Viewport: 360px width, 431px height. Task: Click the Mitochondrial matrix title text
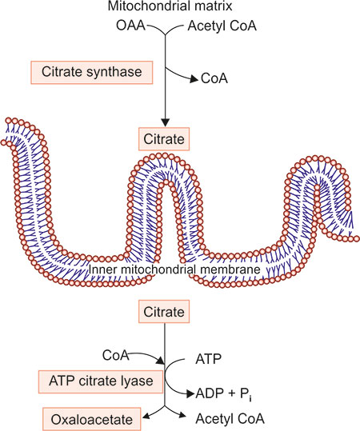tap(170, 6)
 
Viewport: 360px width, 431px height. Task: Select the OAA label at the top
tap(130, 26)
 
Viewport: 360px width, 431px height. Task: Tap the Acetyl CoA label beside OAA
tap(222, 26)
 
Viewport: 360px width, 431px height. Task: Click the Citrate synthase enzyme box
tap(91, 72)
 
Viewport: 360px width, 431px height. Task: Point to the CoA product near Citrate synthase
tap(214, 78)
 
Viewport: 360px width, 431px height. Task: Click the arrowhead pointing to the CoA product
tap(194, 79)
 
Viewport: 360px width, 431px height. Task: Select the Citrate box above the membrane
tap(164, 139)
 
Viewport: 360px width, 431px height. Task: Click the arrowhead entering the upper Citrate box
tap(165, 122)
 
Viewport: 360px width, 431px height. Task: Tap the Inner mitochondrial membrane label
tap(174, 269)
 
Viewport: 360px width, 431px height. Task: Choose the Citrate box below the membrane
tap(164, 312)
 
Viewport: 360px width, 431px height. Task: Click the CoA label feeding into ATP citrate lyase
tap(115, 355)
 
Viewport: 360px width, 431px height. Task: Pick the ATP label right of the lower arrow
tap(208, 359)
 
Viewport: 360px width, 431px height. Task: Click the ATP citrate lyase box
tap(101, 381)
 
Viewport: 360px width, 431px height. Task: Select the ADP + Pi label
tap(223, 394)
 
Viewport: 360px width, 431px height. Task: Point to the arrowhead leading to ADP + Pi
tap(190, 394)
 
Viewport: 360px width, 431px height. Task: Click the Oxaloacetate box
tap(92, 420)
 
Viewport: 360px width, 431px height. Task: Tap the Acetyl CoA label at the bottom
tap(230, 419)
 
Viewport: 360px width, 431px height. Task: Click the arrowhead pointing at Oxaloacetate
tap(146, 416)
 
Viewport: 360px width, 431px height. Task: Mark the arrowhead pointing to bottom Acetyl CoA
tap(182, 415)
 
